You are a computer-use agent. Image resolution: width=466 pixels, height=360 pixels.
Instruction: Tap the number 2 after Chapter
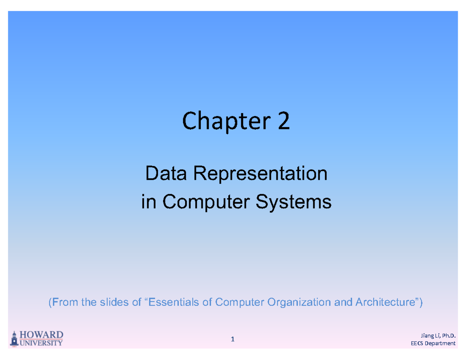click(283, 122)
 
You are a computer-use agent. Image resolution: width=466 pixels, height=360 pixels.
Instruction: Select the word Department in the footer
click(440, 344)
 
